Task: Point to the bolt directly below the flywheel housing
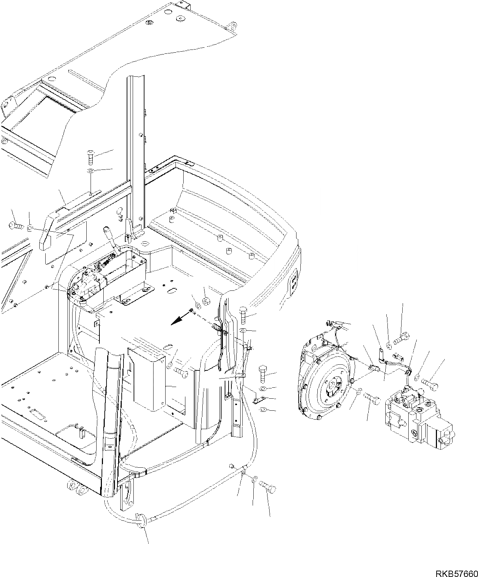click(x=372, y=400)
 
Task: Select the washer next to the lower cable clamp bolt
click(x=254, y=481)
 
